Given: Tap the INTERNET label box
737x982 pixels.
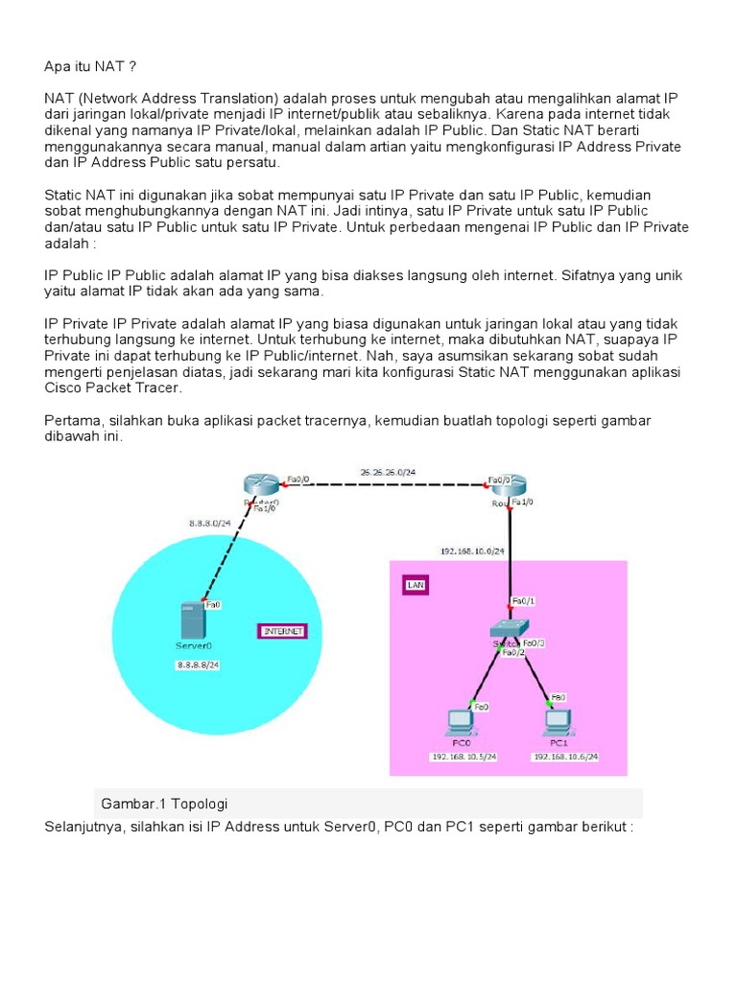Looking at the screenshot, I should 281,631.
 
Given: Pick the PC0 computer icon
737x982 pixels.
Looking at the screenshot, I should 460,720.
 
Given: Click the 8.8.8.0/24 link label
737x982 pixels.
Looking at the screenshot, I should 209,523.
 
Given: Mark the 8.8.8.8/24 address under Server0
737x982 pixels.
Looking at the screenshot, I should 199,665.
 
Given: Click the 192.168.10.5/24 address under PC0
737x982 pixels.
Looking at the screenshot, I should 462,757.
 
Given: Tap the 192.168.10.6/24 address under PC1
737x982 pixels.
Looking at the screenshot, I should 565,757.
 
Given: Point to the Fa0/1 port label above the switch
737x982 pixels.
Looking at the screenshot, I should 524,601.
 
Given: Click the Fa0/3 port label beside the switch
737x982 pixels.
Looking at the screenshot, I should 535,643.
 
